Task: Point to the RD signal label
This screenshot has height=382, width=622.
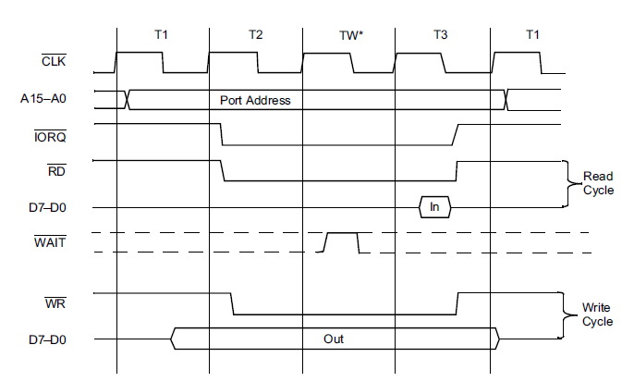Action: point(55,171)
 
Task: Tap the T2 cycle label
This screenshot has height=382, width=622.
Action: point(256,35)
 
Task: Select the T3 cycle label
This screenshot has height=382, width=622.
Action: point(441,35)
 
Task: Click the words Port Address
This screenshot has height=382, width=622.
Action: point(255,100)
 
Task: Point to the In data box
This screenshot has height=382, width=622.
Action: point(434,207)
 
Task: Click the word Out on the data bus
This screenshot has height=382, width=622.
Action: point(334,339)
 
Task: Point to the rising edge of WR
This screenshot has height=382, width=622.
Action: point(457,303)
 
